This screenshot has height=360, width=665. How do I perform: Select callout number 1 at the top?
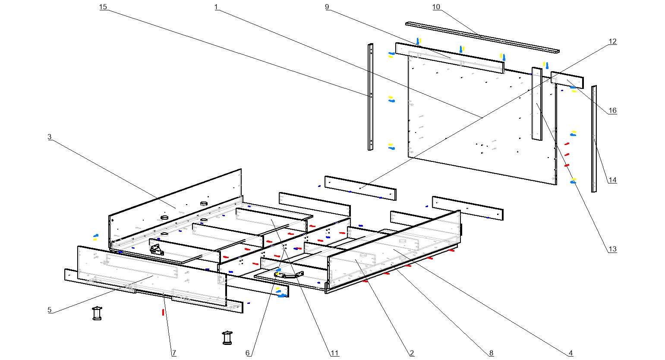216,7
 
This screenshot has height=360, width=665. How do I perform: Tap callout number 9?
327,7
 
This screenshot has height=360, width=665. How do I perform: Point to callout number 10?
436,7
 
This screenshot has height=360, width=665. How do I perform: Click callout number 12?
613,41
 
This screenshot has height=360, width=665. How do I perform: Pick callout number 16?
612,111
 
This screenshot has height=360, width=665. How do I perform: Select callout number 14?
612,180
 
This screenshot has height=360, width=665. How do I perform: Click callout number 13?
612,249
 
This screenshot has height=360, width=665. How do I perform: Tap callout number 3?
50,137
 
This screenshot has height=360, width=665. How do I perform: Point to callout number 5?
50,309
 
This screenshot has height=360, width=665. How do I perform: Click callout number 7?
174,353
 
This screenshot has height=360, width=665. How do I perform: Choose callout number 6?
248,353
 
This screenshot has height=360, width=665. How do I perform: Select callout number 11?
334,353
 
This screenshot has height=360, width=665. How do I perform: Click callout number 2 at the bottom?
412,353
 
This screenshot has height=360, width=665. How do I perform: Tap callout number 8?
491,353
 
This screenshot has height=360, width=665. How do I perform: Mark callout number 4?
570,353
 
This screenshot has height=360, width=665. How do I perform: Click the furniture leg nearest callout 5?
98,313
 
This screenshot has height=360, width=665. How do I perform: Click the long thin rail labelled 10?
482,37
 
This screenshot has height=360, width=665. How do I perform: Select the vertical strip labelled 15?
370,97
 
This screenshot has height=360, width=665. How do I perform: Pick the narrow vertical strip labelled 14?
594,138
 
